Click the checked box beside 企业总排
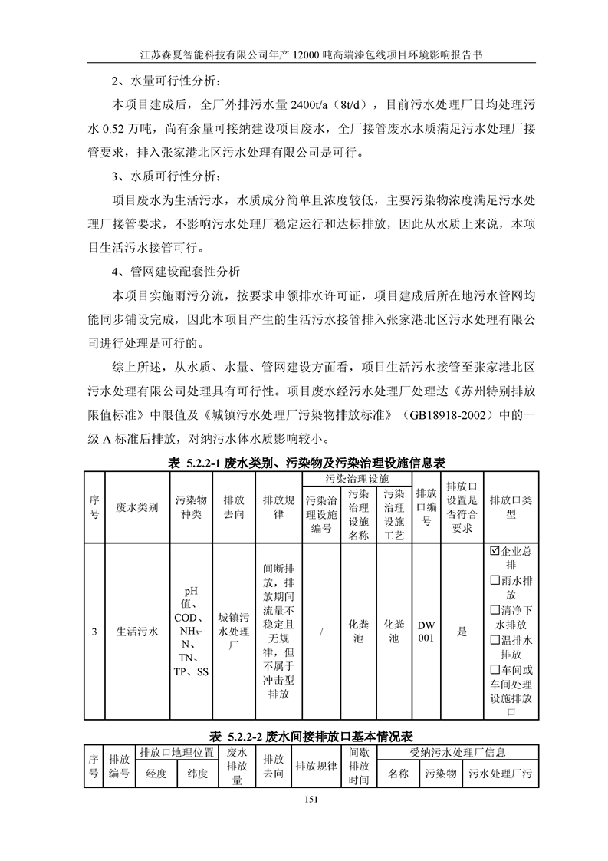494,551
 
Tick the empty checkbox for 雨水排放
494,580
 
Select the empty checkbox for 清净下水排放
494,609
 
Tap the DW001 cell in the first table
426,632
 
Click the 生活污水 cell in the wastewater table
136,632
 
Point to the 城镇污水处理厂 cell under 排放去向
234,632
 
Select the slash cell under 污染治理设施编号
321,632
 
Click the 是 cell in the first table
462,632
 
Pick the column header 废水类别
136,507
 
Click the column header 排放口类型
511,507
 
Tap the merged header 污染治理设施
357,478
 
